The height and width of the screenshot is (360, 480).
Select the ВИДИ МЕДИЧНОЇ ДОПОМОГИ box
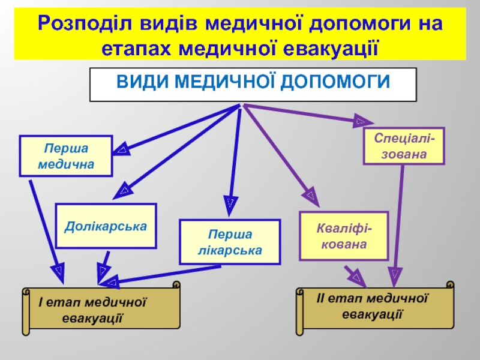click(253, 85)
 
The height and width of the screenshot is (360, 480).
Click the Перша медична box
click(66, 156)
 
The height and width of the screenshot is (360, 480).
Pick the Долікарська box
click(106, 227)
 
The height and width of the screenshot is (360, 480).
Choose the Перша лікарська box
click(230, 242)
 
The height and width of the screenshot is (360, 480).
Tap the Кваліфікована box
click(344, 236)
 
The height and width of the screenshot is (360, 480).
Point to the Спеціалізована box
click(404, 146)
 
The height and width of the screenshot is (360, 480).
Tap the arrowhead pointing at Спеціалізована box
click(358, 121)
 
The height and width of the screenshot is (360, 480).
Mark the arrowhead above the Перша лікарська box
click(230, 200)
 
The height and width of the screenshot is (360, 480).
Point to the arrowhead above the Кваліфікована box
click(311, 194)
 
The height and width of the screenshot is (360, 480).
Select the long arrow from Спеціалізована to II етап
click(398, 222)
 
